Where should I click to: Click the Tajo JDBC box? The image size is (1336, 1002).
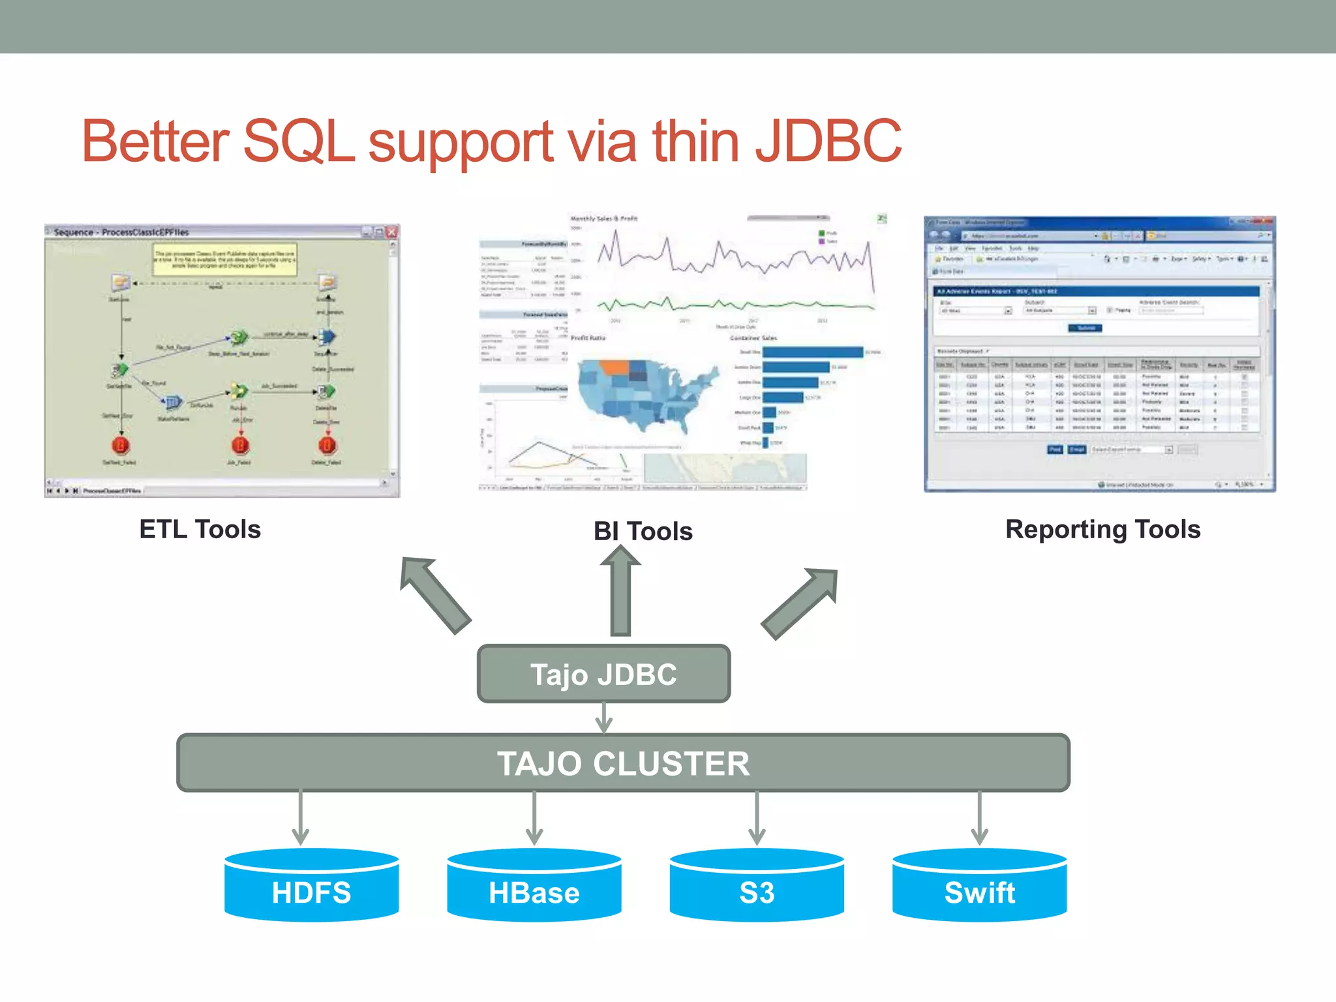pyautogui.click(x=603, y=674)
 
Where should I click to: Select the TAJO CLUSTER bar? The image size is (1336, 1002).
pyautogui.click(x=623, y=763)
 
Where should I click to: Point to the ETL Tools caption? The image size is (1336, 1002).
pyautogui.click(x=200, y=529)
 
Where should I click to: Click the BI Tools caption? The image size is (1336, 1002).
pyautogui.click(x=643, y=531)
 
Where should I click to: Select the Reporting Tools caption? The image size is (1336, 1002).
pyautogui.click(x=1102, y=529)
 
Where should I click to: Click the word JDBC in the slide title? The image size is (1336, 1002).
pyautogui.click(x=828, y=141)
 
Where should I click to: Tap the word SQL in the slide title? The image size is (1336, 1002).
pyautogui.click(x=299, y=141)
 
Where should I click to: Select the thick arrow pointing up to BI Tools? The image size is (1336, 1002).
pyautogui.click(x=620, y=590)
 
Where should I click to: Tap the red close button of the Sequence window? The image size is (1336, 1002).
pyautogui.click(x=391, y=232)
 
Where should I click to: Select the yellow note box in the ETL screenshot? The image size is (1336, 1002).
pyautogui.click(x=224, y=260)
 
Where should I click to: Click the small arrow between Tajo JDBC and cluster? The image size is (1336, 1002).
pyautogui.click(x=604, y=718)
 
